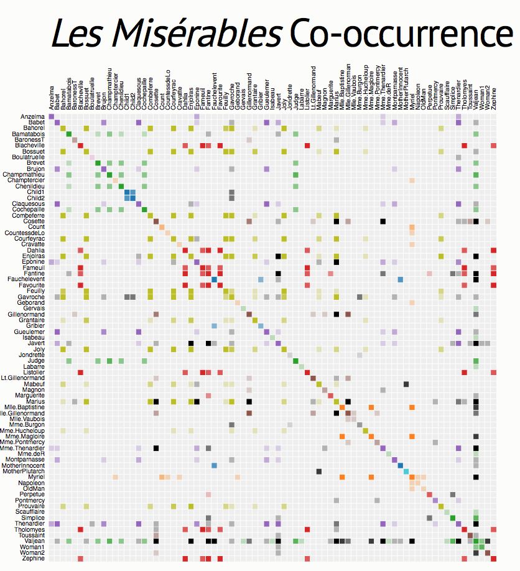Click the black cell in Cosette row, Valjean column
point(476,221)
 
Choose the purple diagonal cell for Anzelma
point(52,117)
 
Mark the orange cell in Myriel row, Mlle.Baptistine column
point(342,477)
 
